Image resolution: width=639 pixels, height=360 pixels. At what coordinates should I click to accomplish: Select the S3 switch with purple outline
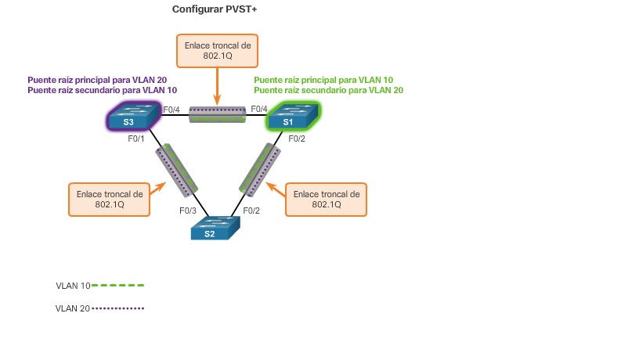pos(128,119)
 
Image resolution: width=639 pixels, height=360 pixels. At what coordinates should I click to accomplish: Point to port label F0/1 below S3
pos(138,139)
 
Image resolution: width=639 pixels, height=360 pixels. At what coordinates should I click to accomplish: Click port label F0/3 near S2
pos(188,211)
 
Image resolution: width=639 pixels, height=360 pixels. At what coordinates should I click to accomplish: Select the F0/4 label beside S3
pos(171,109)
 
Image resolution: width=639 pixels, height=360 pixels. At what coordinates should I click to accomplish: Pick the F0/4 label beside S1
pos(259,109)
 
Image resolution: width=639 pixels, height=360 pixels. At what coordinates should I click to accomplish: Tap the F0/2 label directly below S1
pos(297,139)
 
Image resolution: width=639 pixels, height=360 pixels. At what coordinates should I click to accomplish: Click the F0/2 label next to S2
pos(251,211)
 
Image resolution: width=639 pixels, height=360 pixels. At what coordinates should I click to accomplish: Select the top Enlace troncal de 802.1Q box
pos(218,51)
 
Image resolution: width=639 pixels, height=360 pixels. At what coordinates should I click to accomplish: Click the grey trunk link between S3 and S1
pos(218,114)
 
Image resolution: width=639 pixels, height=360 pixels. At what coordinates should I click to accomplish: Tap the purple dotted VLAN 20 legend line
pos(118,308)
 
